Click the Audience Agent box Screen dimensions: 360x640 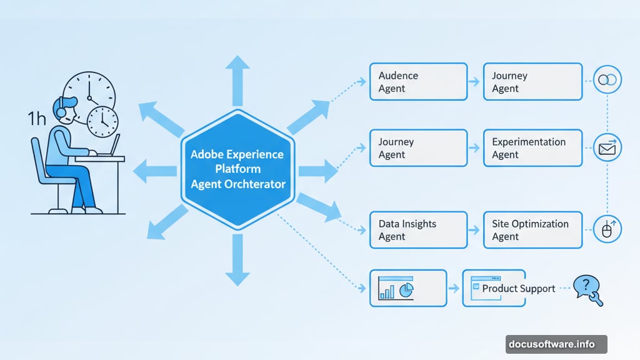point(418,82)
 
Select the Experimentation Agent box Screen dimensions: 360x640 point(532,148)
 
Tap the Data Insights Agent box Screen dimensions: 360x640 point(418,230)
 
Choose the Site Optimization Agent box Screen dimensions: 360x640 point(532,230)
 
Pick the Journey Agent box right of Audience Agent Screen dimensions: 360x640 point(532,82)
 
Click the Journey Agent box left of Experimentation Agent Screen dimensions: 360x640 point(418,148)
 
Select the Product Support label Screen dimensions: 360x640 point(518,288)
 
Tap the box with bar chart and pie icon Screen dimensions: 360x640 point(408,288)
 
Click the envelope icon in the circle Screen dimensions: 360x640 point(607,148)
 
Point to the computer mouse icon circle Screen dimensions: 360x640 point(607,230)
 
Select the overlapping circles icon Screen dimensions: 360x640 point(607,80)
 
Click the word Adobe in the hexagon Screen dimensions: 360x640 point(207,154)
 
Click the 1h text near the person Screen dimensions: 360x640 point(37,119)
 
